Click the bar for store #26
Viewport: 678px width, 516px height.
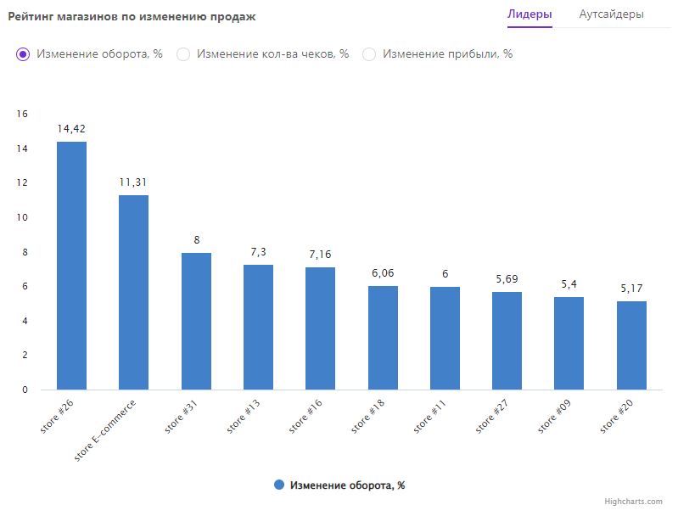71,265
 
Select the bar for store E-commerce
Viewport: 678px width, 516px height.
133,292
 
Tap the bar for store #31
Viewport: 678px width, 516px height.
196,321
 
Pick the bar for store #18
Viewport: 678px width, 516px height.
383,338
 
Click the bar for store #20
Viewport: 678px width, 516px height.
631,345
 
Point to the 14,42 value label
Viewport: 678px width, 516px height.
71,129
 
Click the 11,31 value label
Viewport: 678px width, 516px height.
133,182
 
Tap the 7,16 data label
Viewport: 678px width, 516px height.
320,255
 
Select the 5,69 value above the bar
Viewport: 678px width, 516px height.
507,279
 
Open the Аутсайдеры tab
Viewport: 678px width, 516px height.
611,14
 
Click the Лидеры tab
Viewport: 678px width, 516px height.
530,14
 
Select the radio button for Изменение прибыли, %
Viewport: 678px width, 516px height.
369,54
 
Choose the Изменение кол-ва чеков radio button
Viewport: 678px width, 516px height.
183,54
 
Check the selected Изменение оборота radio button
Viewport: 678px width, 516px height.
24,54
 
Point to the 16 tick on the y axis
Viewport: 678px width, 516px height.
23,115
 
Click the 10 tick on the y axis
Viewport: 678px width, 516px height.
23,218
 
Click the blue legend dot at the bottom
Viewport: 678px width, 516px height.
278,485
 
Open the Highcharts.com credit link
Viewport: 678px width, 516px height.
633,502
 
